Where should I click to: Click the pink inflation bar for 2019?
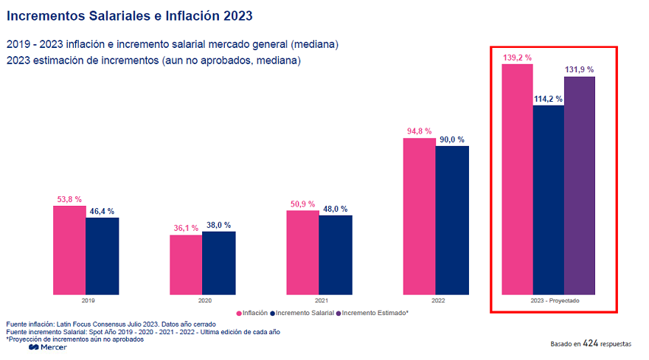click(x=69, y=250)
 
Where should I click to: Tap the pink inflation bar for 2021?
click(x=302, y=252)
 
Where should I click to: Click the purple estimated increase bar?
click(x=579, y=185)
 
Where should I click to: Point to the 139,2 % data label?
click(x=517, y=57)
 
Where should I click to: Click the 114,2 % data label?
click(x=548, y=98)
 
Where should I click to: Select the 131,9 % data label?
click(x=579, y=69)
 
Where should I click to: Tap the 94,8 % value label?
click(x=419, y=131)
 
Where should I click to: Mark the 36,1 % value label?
click(x=186, y=228)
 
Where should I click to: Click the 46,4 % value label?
click(x=102, y=211)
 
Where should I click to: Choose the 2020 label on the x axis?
click(x=204, y=301)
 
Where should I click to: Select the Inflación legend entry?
click(x=253, y=313)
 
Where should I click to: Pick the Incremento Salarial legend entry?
click(x=302, y=313)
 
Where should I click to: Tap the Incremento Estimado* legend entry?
click(x=372, y=313)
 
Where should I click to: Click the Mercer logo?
click(x=48, y=347)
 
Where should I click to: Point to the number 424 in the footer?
click(x=590, y=344)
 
